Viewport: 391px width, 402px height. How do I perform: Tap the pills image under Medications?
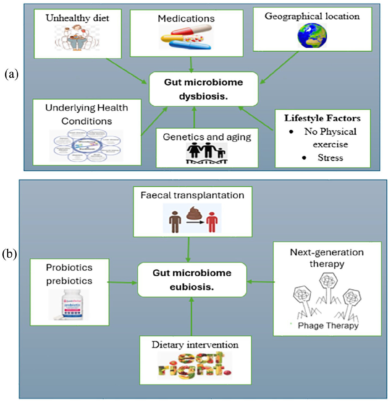(x=187, y=37)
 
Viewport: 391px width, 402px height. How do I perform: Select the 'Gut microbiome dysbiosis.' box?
(x=203, y=89)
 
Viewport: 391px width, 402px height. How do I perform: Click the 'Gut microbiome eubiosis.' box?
(x=192, y=280)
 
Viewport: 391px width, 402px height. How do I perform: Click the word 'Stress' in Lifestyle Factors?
(x=330, y=158)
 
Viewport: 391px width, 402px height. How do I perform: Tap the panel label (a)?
(x=11, y=74)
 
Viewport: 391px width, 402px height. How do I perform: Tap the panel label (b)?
(x=10, y=254)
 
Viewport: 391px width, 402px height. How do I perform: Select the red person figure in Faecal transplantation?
(x=212, y=222)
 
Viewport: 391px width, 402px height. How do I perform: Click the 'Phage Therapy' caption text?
(x=328, y=326)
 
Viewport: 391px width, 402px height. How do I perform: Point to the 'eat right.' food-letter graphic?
(x=195, y=365)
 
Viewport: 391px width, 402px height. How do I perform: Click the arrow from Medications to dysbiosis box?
(x=191, y=64)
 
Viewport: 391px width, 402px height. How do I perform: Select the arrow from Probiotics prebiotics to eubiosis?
(x=123, y=282)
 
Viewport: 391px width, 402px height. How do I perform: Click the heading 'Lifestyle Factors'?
(x=322, y=118)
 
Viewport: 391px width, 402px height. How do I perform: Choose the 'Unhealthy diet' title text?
(x=77, y=18)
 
